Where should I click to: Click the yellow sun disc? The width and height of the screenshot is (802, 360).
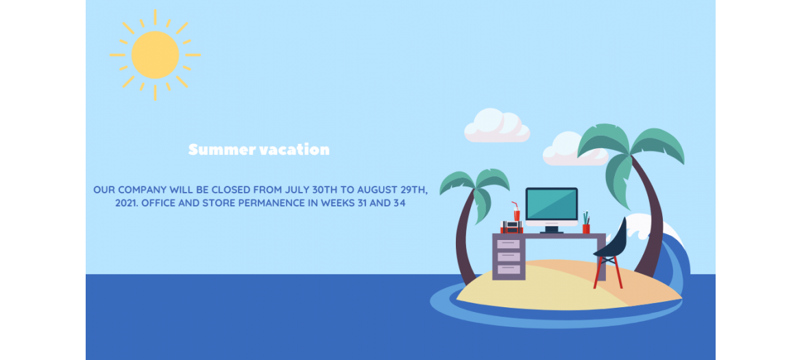[155, 55]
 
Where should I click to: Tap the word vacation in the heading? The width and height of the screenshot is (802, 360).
[295, 150]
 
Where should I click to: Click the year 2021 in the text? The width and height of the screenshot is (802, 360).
[126, 203]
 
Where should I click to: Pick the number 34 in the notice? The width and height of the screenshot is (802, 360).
[399, 203]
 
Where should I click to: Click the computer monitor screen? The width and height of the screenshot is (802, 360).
[551, 204]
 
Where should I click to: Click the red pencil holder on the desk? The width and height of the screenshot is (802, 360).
[586, 228]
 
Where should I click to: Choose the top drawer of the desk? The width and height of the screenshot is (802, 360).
[509, 244]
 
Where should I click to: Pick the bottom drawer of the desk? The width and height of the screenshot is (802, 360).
[509, 269]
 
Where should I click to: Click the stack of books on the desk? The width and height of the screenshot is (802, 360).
[511, 227]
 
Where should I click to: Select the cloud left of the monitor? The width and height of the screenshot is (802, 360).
[497, 125]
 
